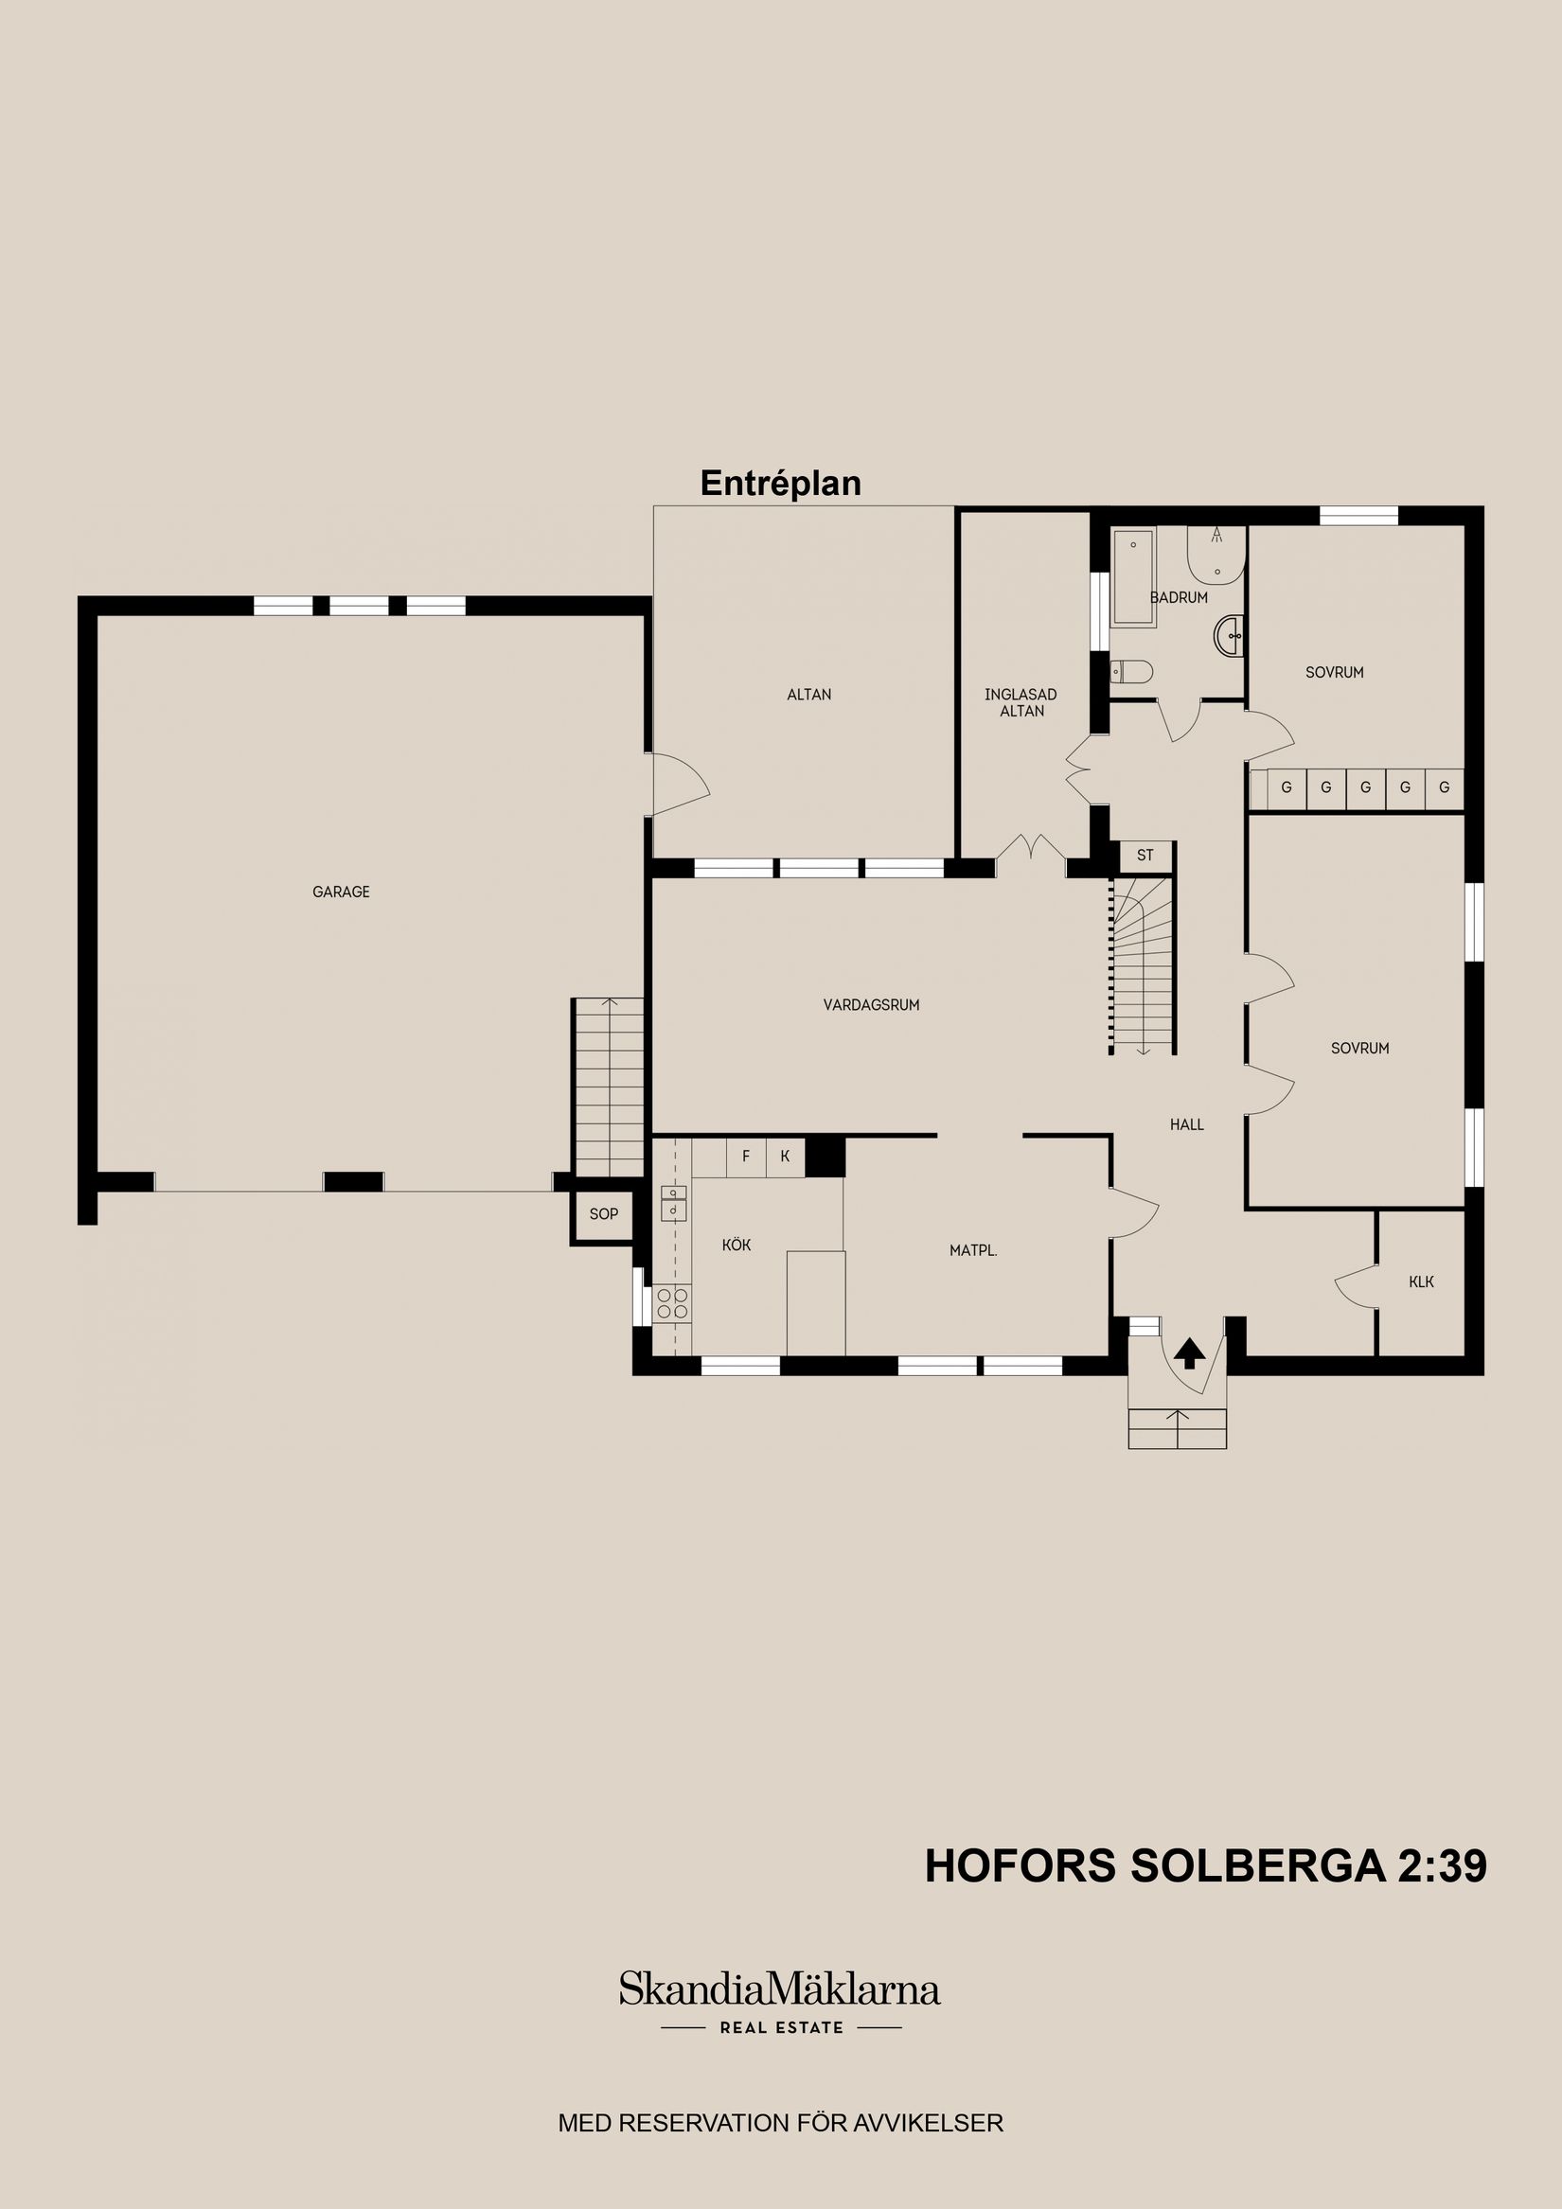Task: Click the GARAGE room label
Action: [x=341, y=892]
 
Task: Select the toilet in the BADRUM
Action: [x=1132, y=671]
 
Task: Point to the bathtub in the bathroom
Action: [x=1133, y=577]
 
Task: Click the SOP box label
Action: [x=603, y=1214]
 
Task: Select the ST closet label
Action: [x=1145, y=856]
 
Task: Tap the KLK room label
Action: [x=1421, y=1281]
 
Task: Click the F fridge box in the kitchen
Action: [x=746, y=1157]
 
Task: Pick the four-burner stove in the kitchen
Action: [x=673, y=1303]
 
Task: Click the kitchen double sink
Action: [x=673, y=1202]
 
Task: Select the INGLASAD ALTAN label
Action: [x=1021, y=702]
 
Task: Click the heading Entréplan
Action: [x=780, y=483]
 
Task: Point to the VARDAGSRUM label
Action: [x=871, y=1004]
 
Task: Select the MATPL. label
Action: [x=973, y=1251]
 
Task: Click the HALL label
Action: [x=1187, y=1123]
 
